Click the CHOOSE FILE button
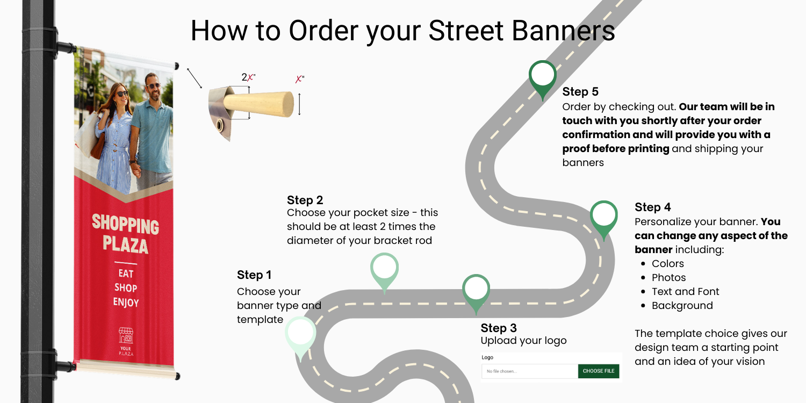598,371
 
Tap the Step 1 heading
254,275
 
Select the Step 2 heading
305,200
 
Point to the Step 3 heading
499,328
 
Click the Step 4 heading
652,207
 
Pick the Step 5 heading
580,92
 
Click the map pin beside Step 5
543,76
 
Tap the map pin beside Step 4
604,216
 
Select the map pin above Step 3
476,290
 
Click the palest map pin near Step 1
300,334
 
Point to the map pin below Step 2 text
385,268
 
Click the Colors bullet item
667,264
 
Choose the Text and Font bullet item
685,292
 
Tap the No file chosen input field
529,371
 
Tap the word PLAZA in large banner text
126,245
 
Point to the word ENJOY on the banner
126,302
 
